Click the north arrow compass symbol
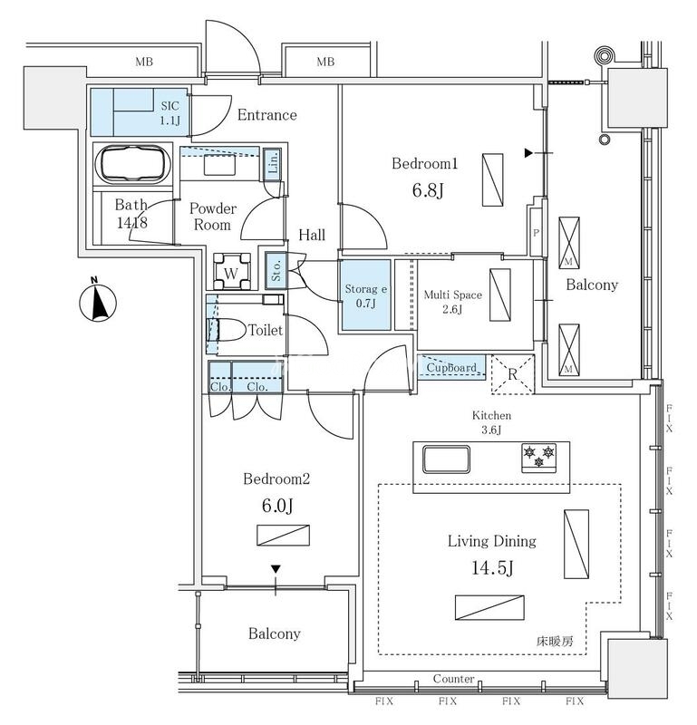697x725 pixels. (98, 301)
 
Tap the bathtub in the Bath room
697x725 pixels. (132, 163)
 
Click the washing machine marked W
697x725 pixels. (232, 271)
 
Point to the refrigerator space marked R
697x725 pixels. (512, 374)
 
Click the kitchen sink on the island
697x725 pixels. (446, 459)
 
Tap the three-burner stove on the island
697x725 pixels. (538, 458)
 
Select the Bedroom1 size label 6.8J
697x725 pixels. (428, 190)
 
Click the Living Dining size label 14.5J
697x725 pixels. (492, 567)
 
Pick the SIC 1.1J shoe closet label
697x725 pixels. (169, 112)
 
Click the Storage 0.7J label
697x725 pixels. (366, 296)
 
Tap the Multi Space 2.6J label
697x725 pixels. (453, 302)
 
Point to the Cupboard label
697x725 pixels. (451, 368)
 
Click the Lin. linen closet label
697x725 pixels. (274, 162)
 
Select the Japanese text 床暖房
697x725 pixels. (555, 642)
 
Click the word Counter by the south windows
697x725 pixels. (453, 679)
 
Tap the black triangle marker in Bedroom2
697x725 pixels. (276, 569)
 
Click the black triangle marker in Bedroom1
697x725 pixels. (528, 153)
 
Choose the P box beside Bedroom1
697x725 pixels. (536, 232)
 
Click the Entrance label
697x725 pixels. (266, 115)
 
